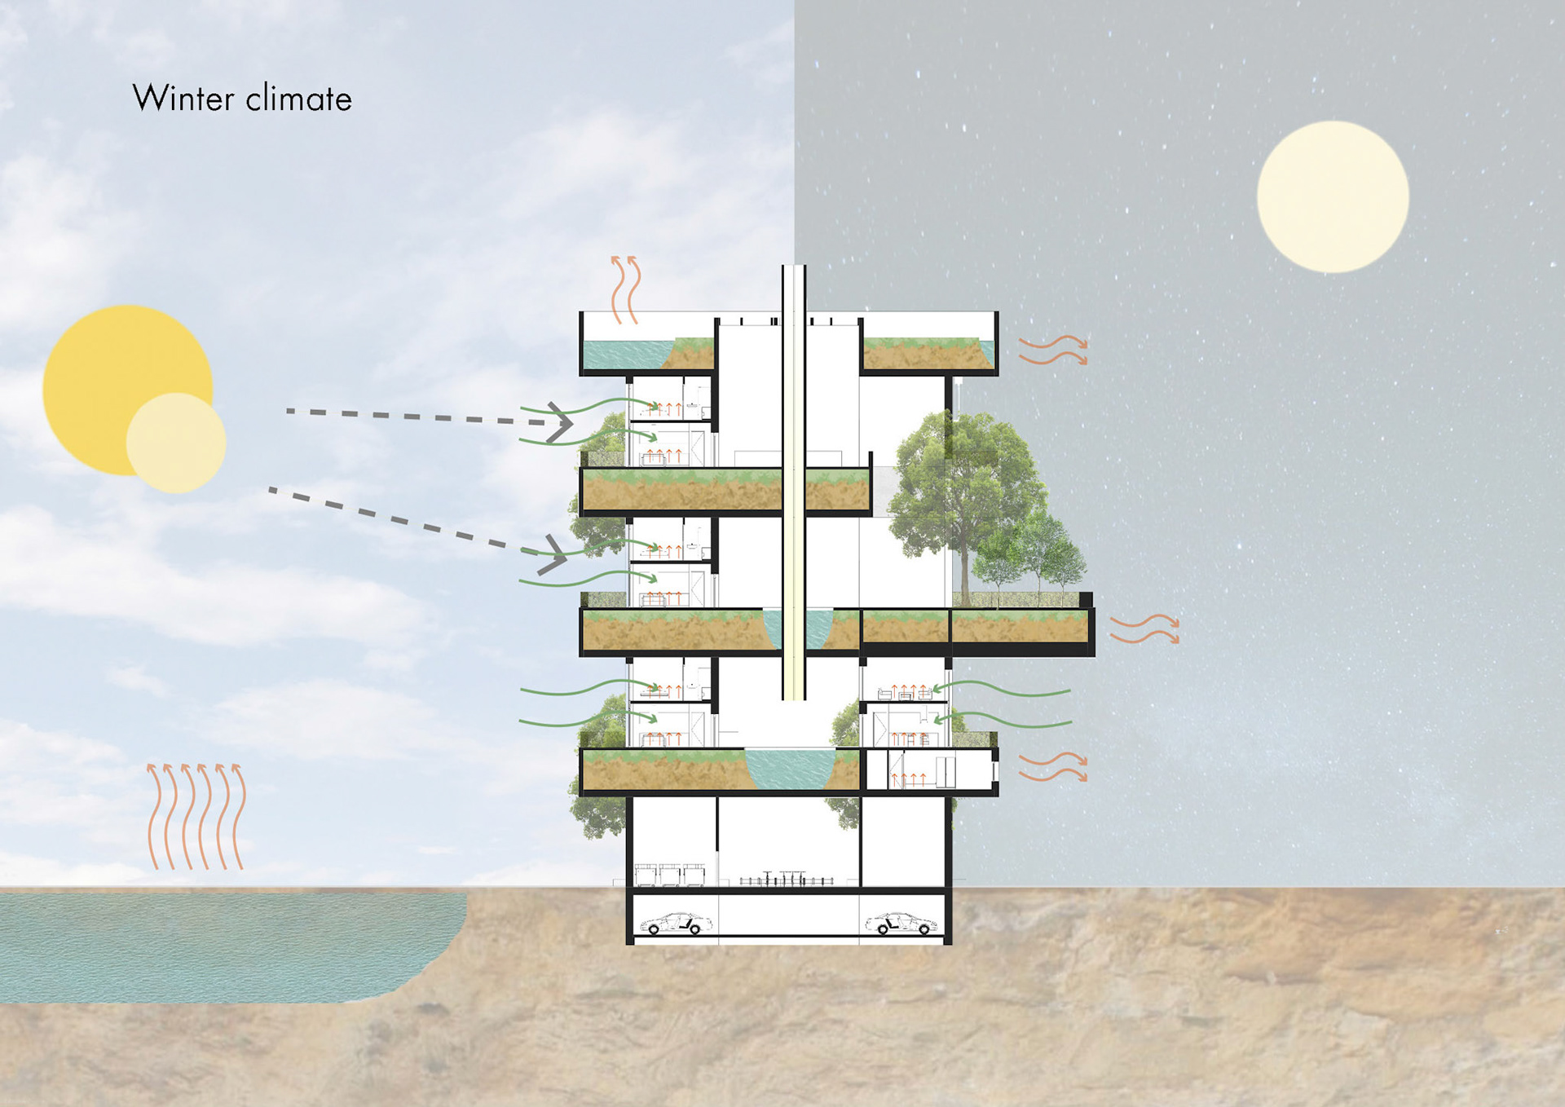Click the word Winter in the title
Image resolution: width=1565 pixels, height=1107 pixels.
183,99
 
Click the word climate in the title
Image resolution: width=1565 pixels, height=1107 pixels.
298,99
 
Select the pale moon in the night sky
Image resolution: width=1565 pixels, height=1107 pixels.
1333,196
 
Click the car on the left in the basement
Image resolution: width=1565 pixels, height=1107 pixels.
676,924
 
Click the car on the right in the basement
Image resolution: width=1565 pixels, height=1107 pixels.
901,924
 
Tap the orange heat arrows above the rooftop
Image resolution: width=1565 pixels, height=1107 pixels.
625,289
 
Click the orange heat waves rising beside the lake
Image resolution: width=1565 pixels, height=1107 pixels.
196,815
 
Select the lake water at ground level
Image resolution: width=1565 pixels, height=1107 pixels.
220,946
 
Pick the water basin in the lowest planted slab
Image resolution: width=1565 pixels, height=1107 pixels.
789,769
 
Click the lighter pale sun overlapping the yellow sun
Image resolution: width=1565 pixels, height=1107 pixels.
176,443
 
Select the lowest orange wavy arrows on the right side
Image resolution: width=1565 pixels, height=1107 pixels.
1053,767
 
